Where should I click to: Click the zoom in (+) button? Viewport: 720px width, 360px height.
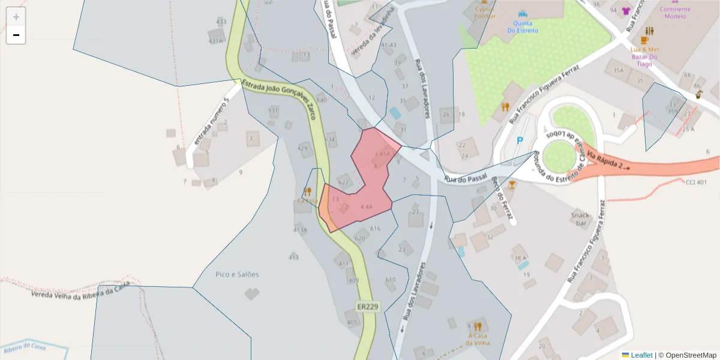(16, 17)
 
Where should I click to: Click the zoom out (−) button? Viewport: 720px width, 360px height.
(16, 35)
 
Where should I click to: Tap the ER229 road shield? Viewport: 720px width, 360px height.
(368, 307)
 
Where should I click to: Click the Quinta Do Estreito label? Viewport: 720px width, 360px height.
(523, 26)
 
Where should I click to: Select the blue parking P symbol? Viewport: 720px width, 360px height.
(520, 141)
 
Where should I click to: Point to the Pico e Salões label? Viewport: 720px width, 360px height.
(237, 274)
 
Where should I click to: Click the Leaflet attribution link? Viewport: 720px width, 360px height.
(641, 355)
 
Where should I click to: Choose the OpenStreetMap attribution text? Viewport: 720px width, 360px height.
(691, 355)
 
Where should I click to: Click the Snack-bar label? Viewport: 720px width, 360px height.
(581, 220)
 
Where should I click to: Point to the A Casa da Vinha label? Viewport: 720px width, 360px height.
(478, 339)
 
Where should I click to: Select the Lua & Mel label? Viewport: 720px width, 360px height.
(645, 49)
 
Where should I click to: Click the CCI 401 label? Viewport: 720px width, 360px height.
(696, 182)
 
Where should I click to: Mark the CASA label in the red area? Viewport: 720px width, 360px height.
(382, 154)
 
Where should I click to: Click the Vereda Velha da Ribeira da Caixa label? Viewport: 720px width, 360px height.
(80, 292)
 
